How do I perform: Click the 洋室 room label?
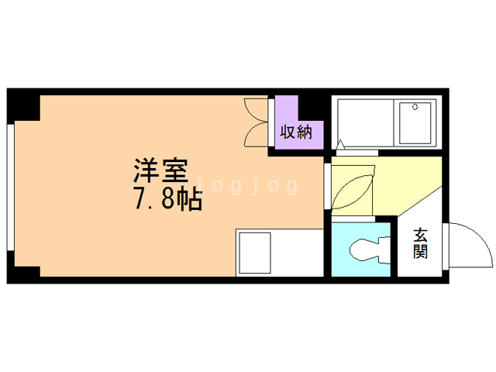coord(162,170)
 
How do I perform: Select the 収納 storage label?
coord(294,132)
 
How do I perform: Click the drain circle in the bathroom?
coord(414,108)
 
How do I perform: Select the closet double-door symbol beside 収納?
coord(257,122)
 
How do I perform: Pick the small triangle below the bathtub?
coord(341,144)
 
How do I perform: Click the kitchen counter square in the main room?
coord(253,252)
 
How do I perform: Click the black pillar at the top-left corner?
coord(23,105)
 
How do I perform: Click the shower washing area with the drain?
coord(418,122)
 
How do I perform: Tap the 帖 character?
coord(188,200)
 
